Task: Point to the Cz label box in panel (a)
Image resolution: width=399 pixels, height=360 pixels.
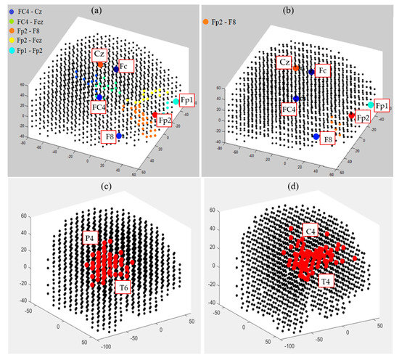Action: [x=99, y=54]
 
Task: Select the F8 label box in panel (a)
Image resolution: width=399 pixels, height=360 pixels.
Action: [x=110, y=136]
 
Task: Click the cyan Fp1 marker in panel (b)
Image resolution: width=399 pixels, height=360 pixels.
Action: [x=371, y=105]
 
